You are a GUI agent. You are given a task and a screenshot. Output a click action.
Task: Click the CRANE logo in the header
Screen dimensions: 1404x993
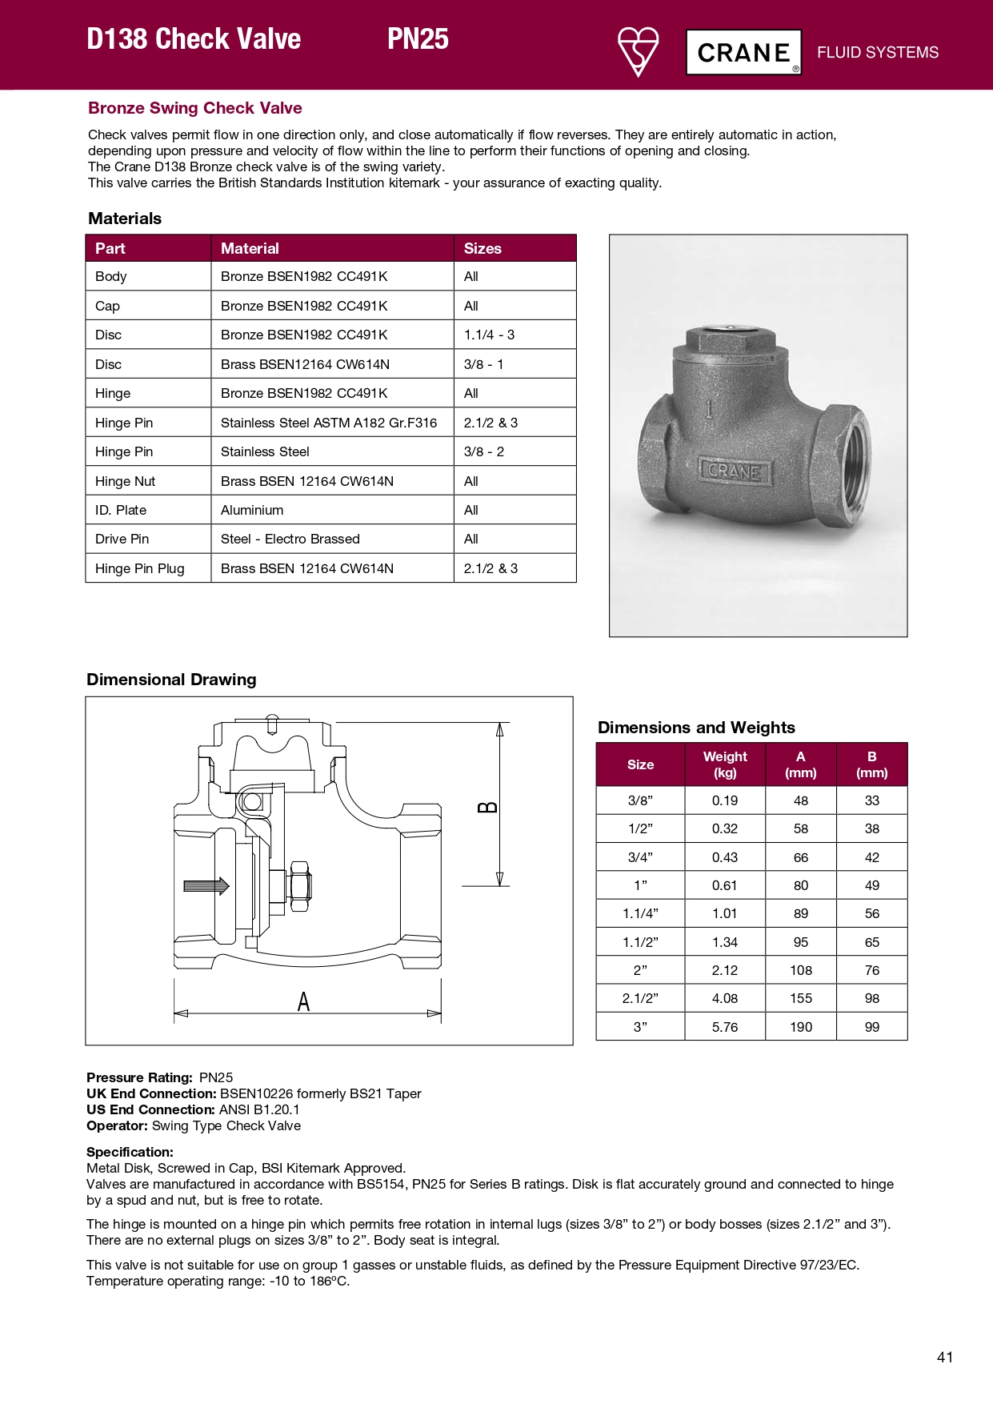(743, 53)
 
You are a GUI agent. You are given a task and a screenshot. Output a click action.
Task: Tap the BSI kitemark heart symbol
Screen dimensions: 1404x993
(638, 50)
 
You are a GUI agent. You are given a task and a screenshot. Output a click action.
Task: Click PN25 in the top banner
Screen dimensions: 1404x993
(418, 39)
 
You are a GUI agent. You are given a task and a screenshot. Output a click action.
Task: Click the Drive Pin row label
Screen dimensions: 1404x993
(122, 539)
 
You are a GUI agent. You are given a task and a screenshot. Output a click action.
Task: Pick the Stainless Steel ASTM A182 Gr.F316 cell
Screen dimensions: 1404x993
(329, 423)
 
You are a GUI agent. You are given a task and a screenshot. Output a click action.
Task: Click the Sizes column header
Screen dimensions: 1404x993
(482, 248)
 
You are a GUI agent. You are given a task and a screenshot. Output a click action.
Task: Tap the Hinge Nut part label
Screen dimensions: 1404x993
(125, 481)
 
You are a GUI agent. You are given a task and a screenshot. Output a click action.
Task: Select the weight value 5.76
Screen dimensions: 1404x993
(725, 1027)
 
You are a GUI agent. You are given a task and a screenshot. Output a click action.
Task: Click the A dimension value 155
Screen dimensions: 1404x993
(800, 998)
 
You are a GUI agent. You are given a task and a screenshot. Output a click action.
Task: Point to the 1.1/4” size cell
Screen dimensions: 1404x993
(640, 913)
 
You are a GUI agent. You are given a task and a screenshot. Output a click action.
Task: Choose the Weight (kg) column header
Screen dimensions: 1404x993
(725, 764)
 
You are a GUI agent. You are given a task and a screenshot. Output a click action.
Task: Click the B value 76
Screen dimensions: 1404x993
(871, 970)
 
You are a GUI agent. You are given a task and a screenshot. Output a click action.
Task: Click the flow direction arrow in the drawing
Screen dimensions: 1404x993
(206, 885)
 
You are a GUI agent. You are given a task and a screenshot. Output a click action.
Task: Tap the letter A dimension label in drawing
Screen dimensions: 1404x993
(303, 1001)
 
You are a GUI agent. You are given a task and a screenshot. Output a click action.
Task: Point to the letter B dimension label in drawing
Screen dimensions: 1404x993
(486, 807)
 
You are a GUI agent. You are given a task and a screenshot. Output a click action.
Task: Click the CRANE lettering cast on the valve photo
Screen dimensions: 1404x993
(735, 471)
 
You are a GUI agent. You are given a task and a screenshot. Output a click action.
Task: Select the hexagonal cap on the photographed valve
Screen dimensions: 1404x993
(728, 340)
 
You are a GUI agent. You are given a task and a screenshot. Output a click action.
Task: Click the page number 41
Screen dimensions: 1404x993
(944, 1357)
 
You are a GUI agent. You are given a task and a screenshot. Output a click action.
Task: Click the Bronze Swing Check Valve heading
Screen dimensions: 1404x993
(195, 108)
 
